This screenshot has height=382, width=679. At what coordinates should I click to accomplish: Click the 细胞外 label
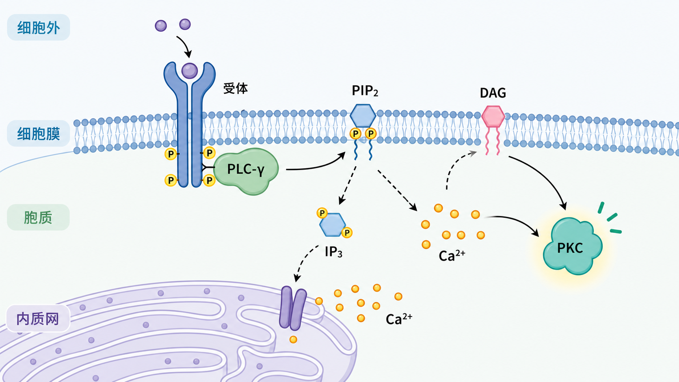(x=39, y=28)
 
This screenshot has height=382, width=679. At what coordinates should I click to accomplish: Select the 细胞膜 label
(x=39, y=134)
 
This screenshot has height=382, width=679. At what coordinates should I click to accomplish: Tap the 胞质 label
(x=38, y=218)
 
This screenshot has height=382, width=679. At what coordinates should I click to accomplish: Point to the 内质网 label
(x=38, y=319)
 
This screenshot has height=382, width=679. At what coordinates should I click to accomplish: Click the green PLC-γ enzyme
(x=246, y=170)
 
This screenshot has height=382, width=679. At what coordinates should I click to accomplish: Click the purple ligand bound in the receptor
(x=190, y=71)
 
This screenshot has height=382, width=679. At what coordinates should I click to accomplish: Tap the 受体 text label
(x=236, y=88)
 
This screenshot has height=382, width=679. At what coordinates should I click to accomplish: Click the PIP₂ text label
(x=365, y=91)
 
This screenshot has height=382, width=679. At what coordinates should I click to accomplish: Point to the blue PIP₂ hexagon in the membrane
(x=363, y=115)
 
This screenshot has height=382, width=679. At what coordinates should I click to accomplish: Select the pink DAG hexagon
(x=493, y=116)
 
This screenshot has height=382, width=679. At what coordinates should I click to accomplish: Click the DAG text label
(x=493, y=93)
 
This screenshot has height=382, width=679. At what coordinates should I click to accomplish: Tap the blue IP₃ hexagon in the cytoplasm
(x=333, y=225)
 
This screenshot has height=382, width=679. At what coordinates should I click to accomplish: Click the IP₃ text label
(x=333, y=252)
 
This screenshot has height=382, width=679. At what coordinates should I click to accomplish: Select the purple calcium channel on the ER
(x=292, y=308)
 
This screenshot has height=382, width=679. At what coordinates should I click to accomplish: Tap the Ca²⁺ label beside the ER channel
(x=399, y=319)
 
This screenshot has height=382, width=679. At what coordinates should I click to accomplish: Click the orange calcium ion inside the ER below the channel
(x=293, y=340)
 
